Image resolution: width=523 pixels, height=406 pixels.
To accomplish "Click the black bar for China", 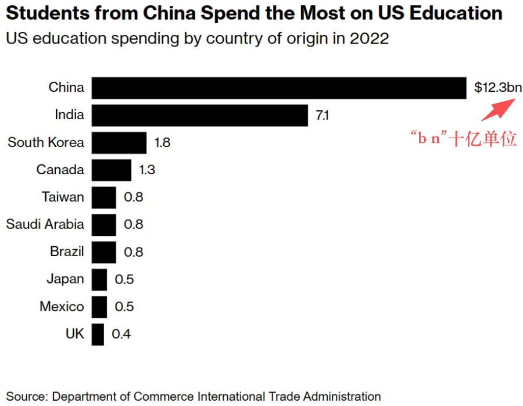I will pos(279,88).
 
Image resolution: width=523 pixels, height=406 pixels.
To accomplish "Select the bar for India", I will pos(199,115).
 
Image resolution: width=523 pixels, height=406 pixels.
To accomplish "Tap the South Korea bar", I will pos(119,142).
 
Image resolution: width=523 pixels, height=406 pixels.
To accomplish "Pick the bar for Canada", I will pos(112,170).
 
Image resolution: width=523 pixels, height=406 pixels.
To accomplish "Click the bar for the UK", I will pos(98,334).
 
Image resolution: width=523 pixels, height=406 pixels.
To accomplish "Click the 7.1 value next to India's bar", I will pos(322,115).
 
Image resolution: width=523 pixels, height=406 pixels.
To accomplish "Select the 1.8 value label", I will pos(162,142).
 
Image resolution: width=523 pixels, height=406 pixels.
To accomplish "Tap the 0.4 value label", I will pos(121,334).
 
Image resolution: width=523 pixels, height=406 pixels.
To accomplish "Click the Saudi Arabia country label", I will pos(45,224).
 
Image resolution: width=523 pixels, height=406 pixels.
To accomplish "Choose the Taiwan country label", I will pos(63,197).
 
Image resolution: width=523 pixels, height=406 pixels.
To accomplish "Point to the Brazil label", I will pos(67,251).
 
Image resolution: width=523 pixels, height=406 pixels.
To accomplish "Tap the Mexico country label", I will pos(62,306).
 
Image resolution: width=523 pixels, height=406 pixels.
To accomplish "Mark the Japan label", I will pos(65,279).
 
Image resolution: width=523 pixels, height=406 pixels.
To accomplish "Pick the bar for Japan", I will pos(99,279).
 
